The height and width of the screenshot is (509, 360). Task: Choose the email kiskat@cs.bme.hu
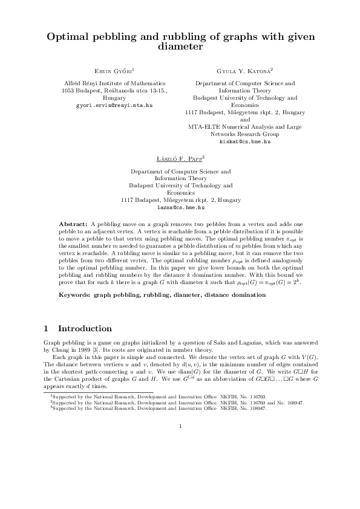pos(244,141)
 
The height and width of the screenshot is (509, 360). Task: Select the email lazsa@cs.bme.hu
pos(180,207)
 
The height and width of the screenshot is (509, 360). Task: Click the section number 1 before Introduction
pos(47,329)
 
